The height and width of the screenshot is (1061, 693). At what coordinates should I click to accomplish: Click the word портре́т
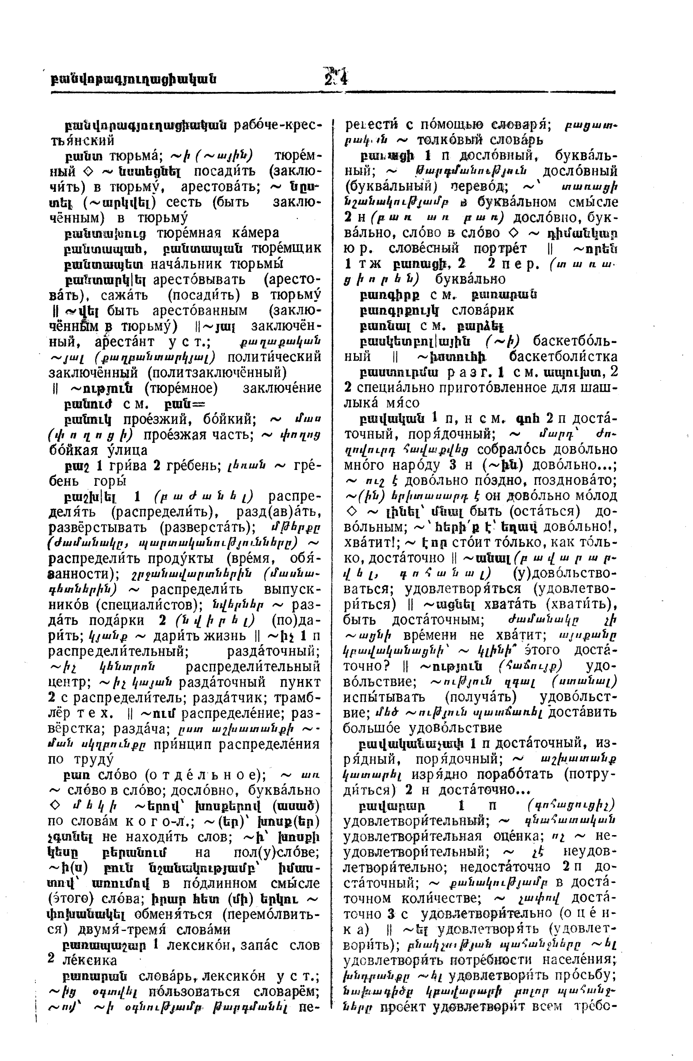(x=495, y=248)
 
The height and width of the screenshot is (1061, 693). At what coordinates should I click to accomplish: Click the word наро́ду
(x=422, y=465)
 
